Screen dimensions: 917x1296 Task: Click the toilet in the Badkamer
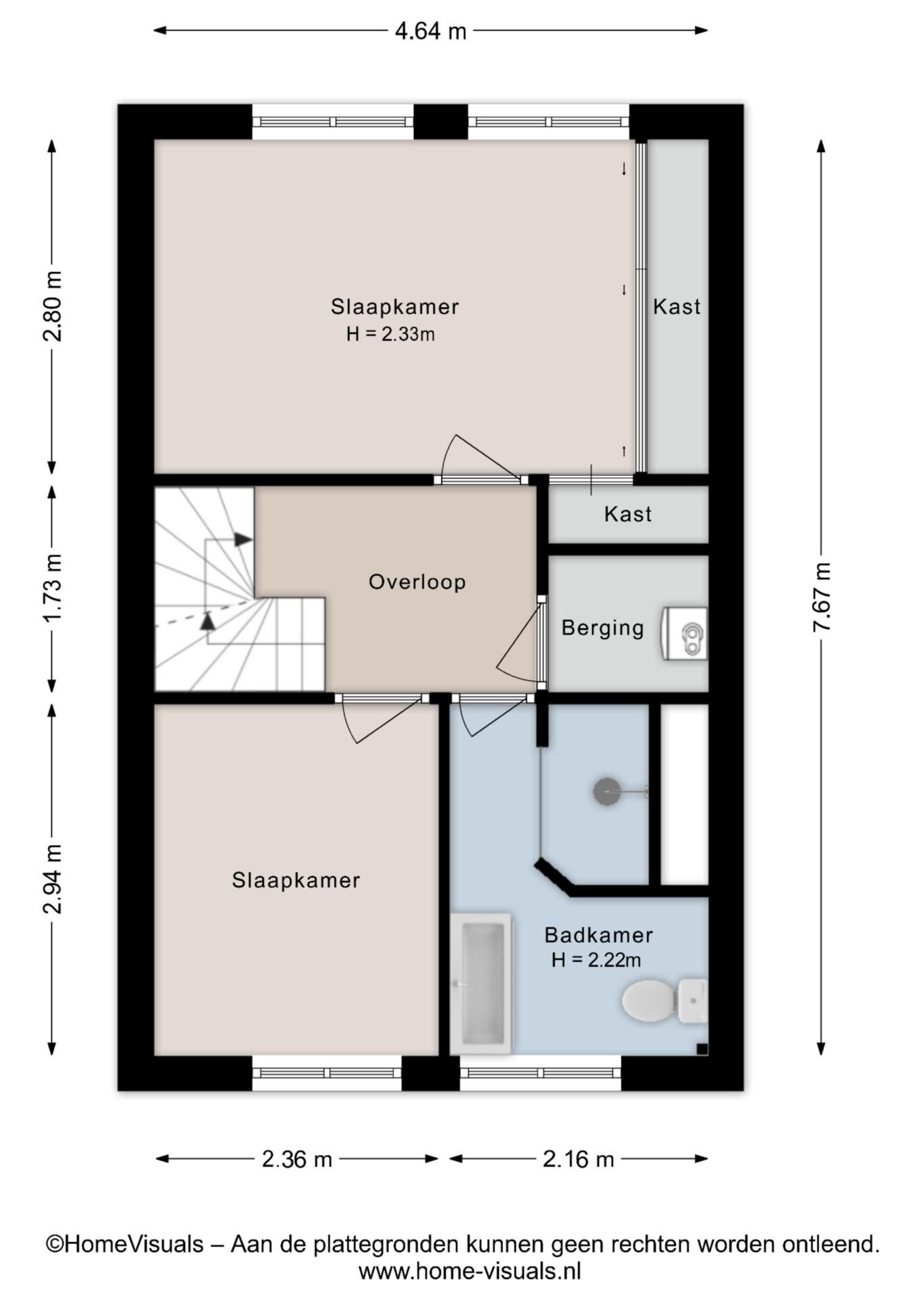pyautogui.click(x=664, y=1000)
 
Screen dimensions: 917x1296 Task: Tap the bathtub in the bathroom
pyautogui.click(x=481, y=983)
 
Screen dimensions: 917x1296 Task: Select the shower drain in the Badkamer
pyautogui.click(x=606, y=791)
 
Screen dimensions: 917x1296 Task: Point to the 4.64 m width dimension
pyautogui.click(x=431, y=30)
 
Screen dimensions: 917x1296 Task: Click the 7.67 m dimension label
pyautogui.click(x=821, y=597)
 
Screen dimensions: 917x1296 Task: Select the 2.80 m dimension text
pyautogui.click(x=53, y=306)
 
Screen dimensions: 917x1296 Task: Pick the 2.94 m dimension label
pyautogui.click(x=53, y=878)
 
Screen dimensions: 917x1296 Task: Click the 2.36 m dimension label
pyautogui.click(x=297, y=1159)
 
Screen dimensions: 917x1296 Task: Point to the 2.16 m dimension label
pyautogui.click(x=579, y=1159)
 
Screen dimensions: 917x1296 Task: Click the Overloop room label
pyautogui.click(x=417, y=582)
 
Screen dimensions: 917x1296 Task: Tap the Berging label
pyautogui.click(x=603, y=628)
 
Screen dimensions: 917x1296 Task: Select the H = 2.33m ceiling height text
pyautogui.click(x=390, y=334)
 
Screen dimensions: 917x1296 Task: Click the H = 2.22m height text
pyautogui.click(x=596, y=960)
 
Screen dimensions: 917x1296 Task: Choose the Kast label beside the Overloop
pyautogui.click(x=628, y=514)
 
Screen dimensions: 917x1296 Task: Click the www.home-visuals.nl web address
pyautogui.click(x=469, y=1272)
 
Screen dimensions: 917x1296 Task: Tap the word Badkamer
pyautogui.click(x=599, y=935)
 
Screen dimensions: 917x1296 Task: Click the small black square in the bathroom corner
pyautogui.click(x=702, y=1048)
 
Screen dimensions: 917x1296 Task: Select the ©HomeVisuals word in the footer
pyautogui.click(x=125, y=1243)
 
